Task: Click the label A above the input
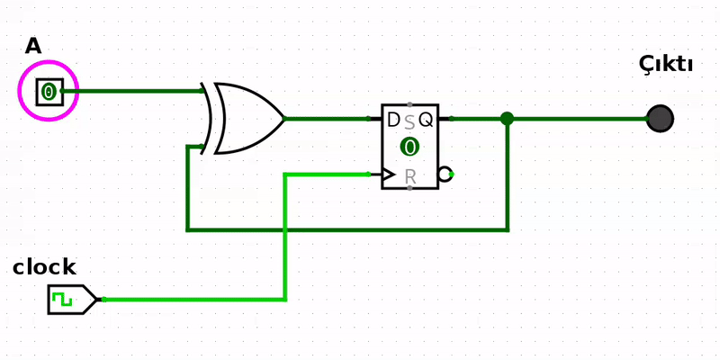(33, 46)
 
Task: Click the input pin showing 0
(49, 91)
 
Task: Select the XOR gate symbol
(243, 118)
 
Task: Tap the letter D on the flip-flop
(393, 120)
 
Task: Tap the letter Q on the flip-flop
(426, 120)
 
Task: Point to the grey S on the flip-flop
(409, 122)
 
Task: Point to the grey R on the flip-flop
(410, 177)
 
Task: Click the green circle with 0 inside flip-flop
(409, 147)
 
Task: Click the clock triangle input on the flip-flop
(388, 175)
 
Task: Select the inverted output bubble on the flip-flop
(445, 175)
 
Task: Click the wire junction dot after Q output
(507, 118)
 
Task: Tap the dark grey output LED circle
(660, 118)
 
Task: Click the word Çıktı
(665, 64)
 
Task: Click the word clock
(44, 267)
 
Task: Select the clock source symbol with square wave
(70, 299)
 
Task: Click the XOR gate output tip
(283, 118)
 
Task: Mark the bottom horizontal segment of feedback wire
(346, 229)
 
